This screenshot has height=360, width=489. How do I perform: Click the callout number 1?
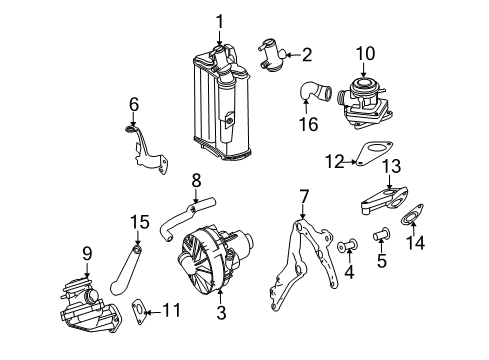pyautogui.click(x=219, y=21)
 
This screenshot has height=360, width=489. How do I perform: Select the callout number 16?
pyautogui.click(x=308, y=124)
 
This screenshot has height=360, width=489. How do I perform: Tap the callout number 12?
pyautogui.click(x=335, y=162)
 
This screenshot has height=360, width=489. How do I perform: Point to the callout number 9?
pyautogui.click(x=87, y=254)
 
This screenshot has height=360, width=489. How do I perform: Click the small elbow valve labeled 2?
pyautogui.click(x=272, y=55)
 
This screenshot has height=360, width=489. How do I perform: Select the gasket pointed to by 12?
pyautogui.click(x=373, y=153)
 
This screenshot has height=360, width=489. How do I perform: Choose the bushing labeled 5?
pyautogui.click(x=382, y=234)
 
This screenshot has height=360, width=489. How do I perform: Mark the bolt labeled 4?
pyautogui.click(x=348, y=245)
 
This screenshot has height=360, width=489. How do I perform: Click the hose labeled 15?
pyautogui.click(x=126, y=270)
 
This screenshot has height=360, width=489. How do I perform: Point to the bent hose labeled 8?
pyautogui.click(x=187, y=218)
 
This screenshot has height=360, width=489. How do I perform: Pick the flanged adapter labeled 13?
pyautogui.click(x=384, y=201)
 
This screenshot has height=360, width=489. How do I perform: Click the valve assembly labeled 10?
pyautogui.click(x=363, y=103)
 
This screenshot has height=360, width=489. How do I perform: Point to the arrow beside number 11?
pyautogui.click(x=154, y=312)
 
